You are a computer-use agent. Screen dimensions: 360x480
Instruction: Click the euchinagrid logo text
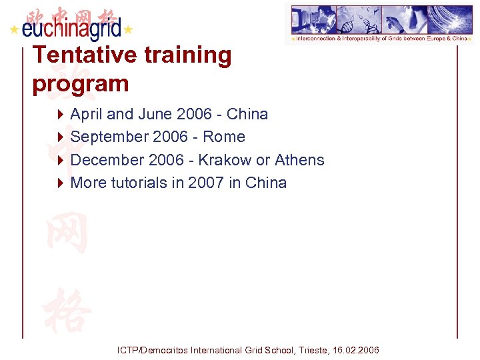pyautogui.click(x=71, y=29)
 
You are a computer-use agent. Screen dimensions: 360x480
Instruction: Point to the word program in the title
pyautogui.click(x=80, y=84)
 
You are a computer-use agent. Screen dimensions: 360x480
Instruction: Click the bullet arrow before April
pyautogui.click(x=61, y=115)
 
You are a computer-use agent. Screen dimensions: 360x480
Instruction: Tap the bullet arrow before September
pyautogui.click(x=61, y=137)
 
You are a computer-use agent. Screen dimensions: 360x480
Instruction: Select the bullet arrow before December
pyautogui.click(x=61, y=160)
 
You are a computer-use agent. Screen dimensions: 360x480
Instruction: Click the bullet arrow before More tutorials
pyautogui.click(x=61, y=183)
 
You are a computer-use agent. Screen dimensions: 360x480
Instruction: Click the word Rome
pyautogui.click(x=224, y=137)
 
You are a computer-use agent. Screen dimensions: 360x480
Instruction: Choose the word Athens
pyautogui.click(x=299, y=160)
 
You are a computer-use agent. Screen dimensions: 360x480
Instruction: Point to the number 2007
pyautogui.click(x=205, y=183)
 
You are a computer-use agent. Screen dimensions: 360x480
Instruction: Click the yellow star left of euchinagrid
pyautogui.click(x=13, y=30)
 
